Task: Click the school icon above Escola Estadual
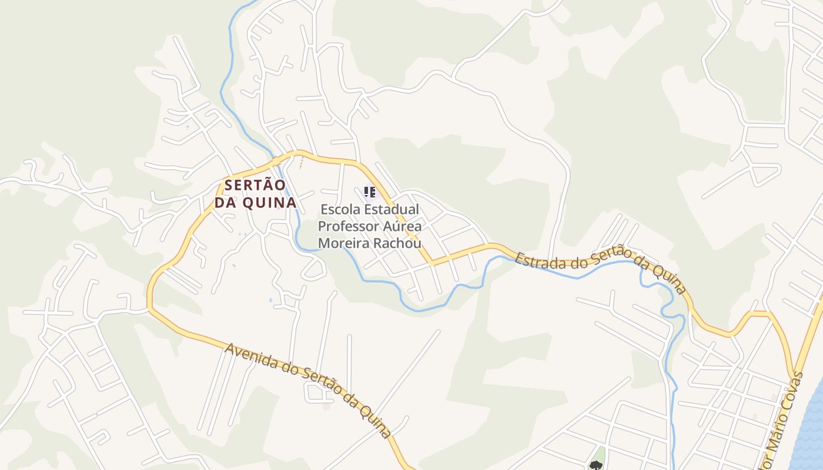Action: point(370,192)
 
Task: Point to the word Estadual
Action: point(392,210)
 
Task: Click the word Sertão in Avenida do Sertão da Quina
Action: point(320,382)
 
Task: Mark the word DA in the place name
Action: point(224,203)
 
